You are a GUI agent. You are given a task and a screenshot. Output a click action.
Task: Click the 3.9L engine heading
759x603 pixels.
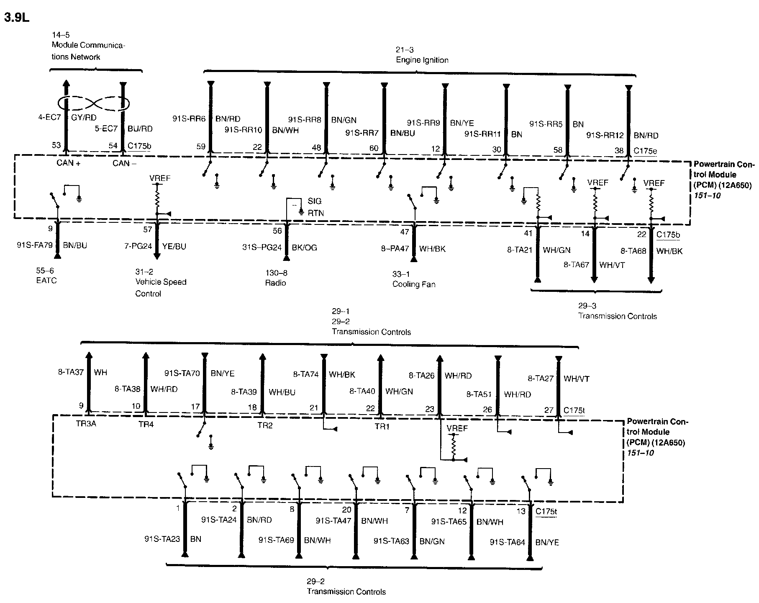click(17, 18)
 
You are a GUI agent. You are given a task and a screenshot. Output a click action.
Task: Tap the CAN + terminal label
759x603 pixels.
click(69, 163)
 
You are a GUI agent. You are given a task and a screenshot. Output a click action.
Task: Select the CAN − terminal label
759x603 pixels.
click(124, 163)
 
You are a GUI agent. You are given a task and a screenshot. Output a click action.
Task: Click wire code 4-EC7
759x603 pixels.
click(50, 118)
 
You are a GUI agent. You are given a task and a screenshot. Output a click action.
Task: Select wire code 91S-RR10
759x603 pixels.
click(243, 130)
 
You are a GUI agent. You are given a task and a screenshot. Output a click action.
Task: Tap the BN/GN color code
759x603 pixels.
click(344, 120)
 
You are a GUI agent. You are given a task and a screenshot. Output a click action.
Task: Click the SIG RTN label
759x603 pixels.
click(315, 207)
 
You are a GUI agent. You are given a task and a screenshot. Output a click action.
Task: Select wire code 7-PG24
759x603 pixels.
click(138, 246)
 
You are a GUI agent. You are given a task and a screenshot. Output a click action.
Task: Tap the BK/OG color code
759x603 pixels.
click(304, 247)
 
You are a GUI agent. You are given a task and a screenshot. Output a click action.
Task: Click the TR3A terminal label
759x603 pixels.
click(86, 423)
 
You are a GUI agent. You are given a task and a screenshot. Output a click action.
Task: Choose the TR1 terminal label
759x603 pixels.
click(382, 427)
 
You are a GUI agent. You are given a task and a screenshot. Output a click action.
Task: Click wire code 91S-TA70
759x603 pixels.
click(182, 373)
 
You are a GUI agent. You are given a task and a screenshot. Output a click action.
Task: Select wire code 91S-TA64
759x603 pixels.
click(507, 542)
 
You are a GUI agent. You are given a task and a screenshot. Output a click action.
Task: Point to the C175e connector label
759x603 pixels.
click(645, 151)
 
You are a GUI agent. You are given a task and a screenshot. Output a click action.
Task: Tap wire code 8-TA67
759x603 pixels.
click(576, 265)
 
